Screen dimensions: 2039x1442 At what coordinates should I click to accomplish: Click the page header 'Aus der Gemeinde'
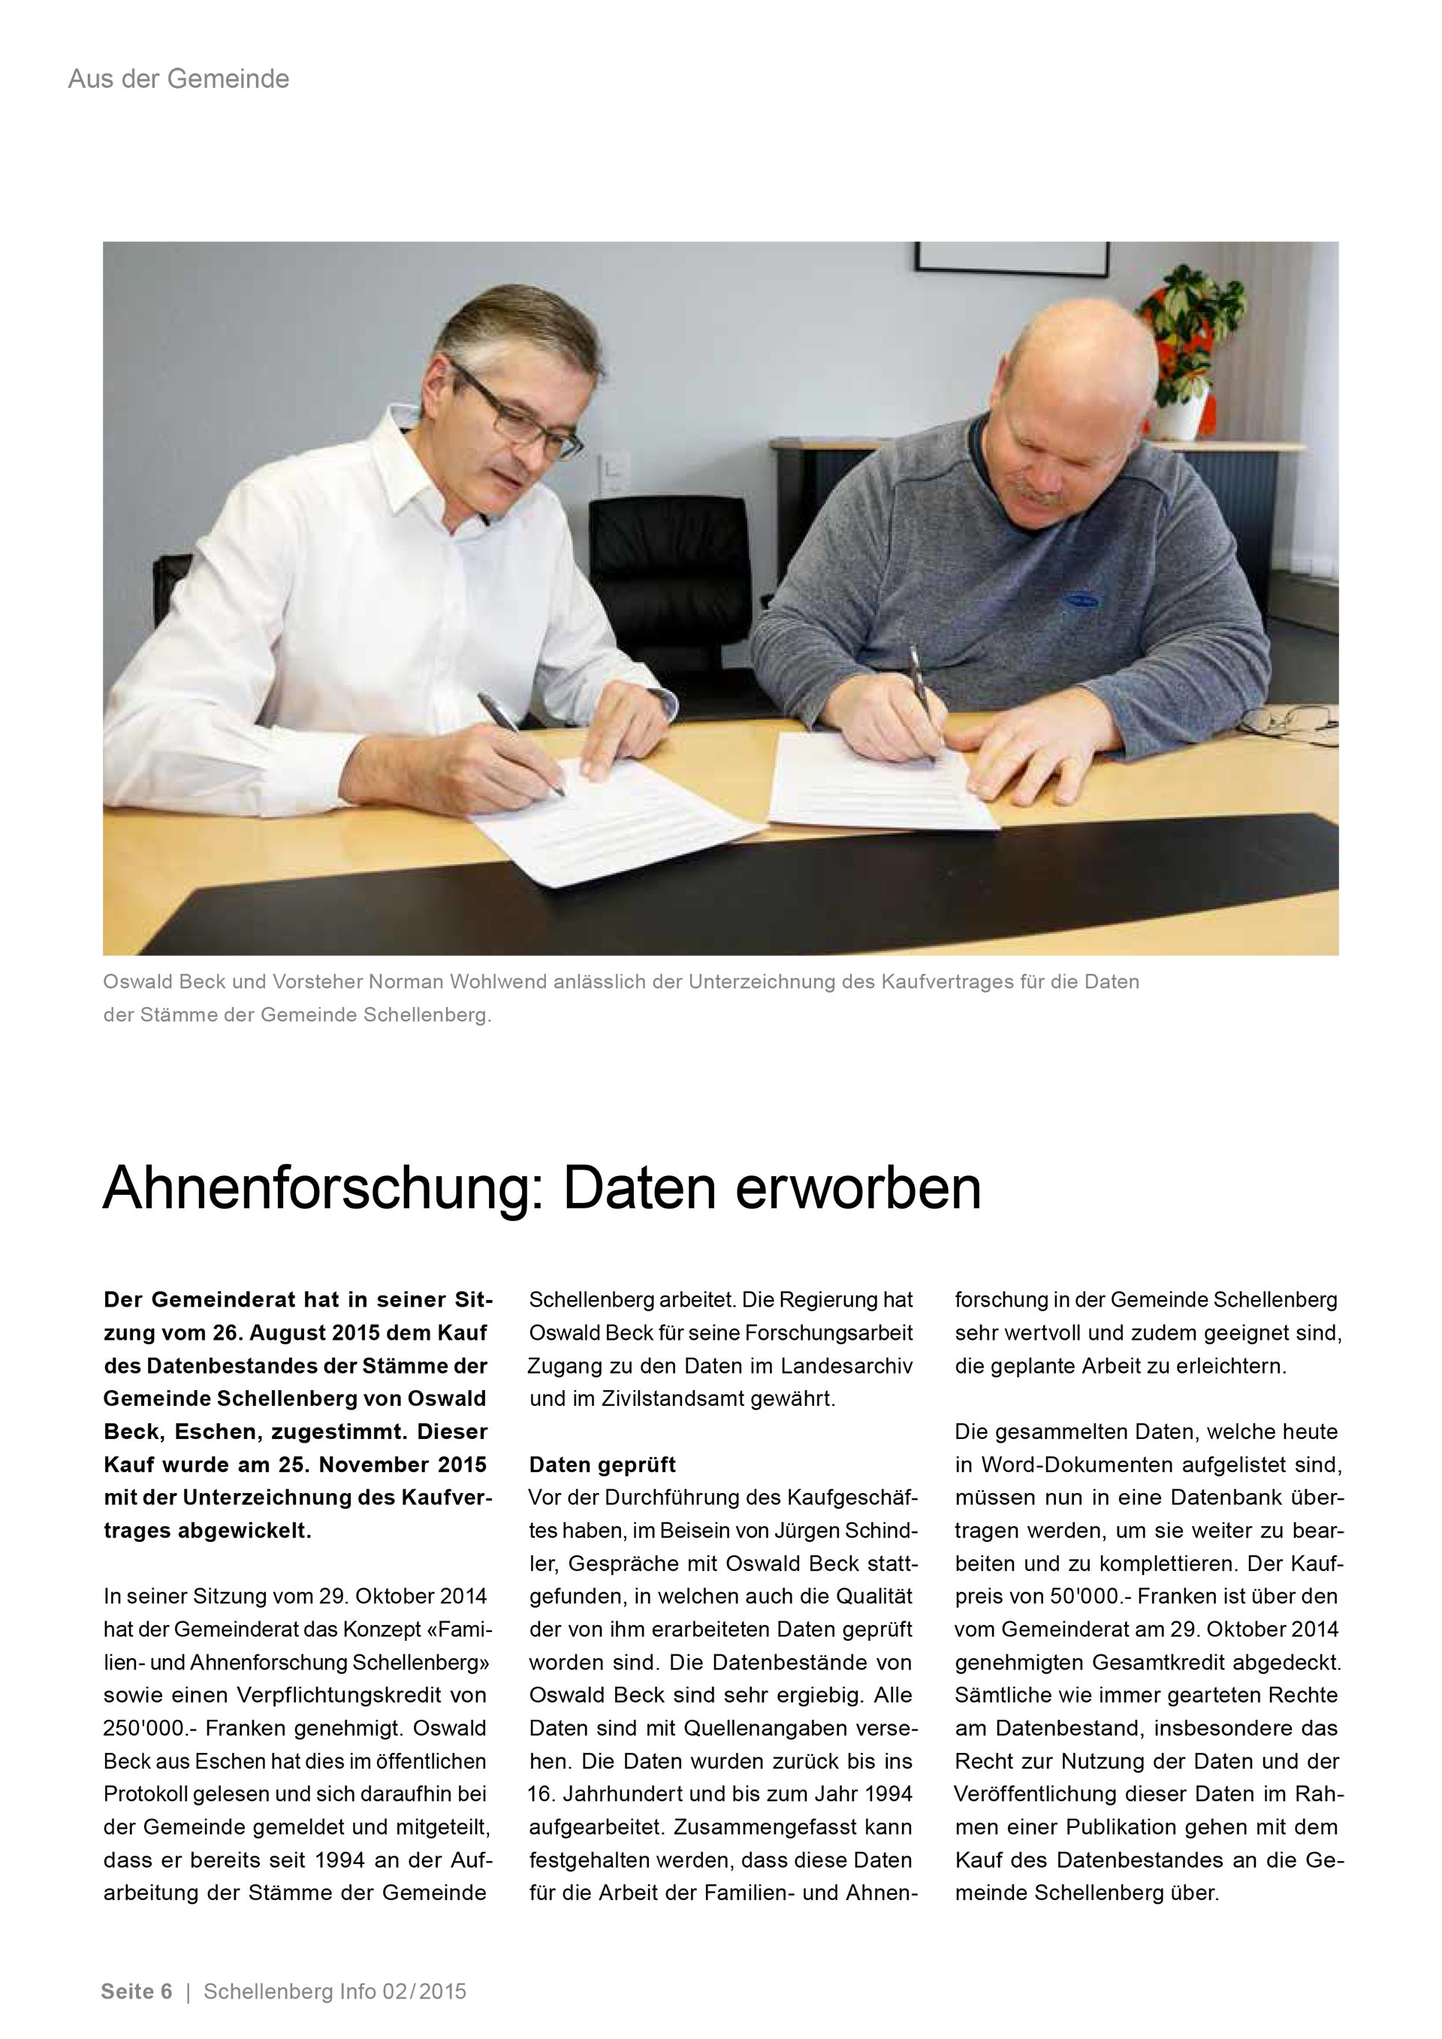point(179,80)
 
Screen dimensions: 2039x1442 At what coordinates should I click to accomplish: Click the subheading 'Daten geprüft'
point(602,1464)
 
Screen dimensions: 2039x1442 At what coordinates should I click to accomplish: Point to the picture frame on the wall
point(1012,258)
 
